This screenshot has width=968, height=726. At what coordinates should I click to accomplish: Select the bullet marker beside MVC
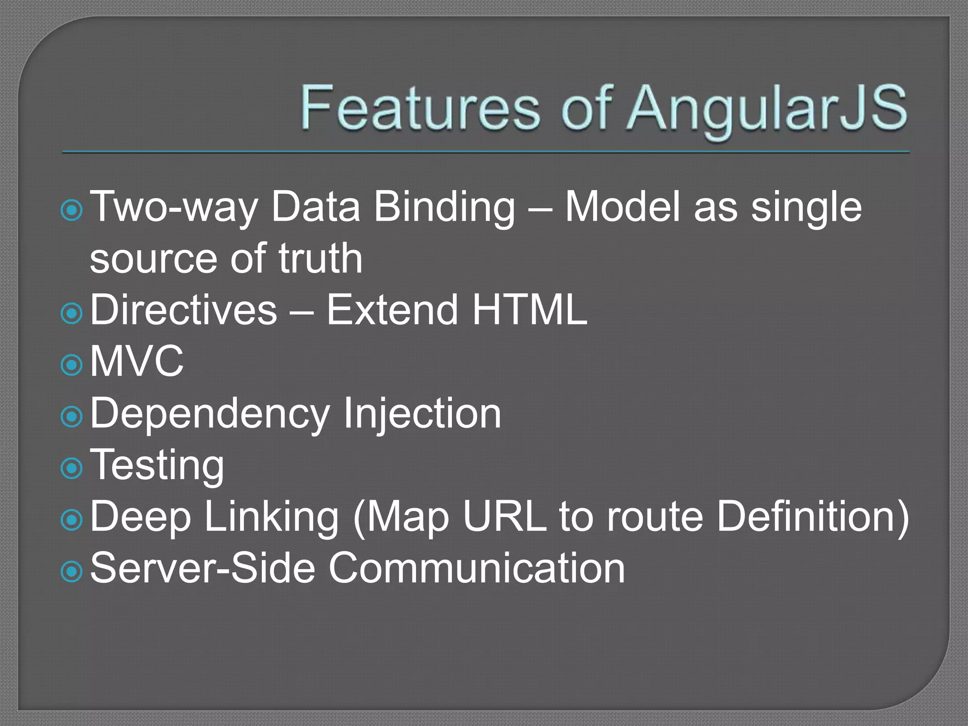(x=72, y=365)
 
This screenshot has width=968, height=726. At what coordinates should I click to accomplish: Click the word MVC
(x=137, y=361)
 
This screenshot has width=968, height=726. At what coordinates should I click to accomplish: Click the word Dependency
(x=209, y=414)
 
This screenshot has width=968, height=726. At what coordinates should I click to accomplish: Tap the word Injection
(x=422, y=414)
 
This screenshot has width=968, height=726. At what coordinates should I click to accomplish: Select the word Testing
(x=157, y=466)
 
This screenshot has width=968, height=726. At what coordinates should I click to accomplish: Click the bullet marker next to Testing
(x=72, y=468)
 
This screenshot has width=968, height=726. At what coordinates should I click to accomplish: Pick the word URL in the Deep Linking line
(x=504, y=516)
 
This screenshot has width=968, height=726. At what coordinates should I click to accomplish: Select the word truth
(x=320, y=258)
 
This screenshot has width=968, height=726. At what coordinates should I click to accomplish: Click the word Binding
(x=444, y=208)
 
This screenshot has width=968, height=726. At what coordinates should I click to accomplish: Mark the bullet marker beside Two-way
(x=72, y=210)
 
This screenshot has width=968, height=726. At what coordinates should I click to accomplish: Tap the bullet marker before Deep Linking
(x=72, y=520)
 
